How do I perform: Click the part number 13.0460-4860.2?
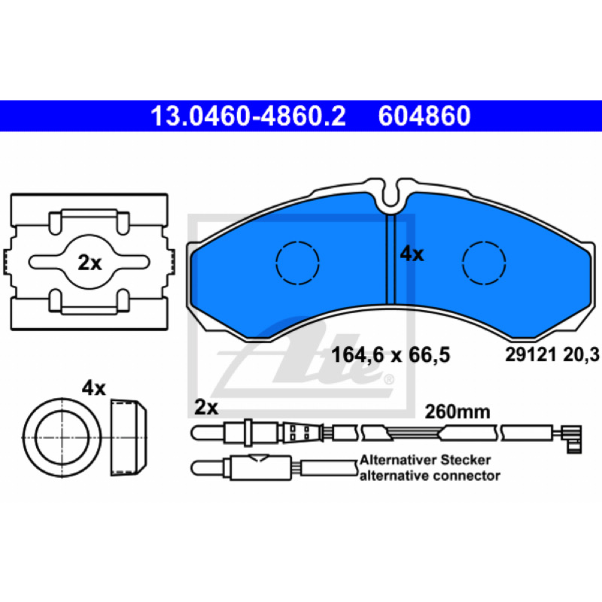(x=248, y=116)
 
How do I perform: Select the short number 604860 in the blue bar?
(x=424, y=116)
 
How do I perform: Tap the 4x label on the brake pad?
(x=412, y=254)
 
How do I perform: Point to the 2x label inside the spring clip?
(x=90, y=263)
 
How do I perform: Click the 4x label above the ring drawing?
(x=93, y=388)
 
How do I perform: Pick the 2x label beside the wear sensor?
(x=206, y=407)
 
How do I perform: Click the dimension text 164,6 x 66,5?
(x=390, y=354)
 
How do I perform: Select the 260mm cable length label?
(x=458, y=412)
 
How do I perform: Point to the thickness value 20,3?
(x=581, y=354)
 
